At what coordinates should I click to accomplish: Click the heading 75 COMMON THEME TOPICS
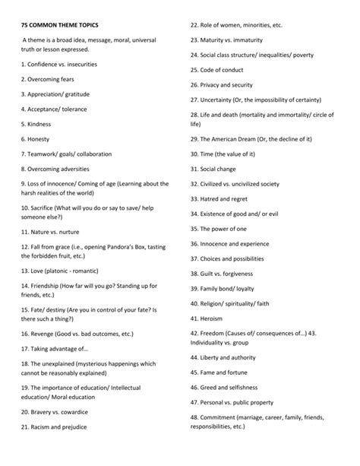coord(62,25)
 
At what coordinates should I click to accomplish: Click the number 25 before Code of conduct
coord(194,70)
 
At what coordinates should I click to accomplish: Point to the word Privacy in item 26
coord(213,85)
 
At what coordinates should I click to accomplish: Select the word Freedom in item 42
coord(216,333)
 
